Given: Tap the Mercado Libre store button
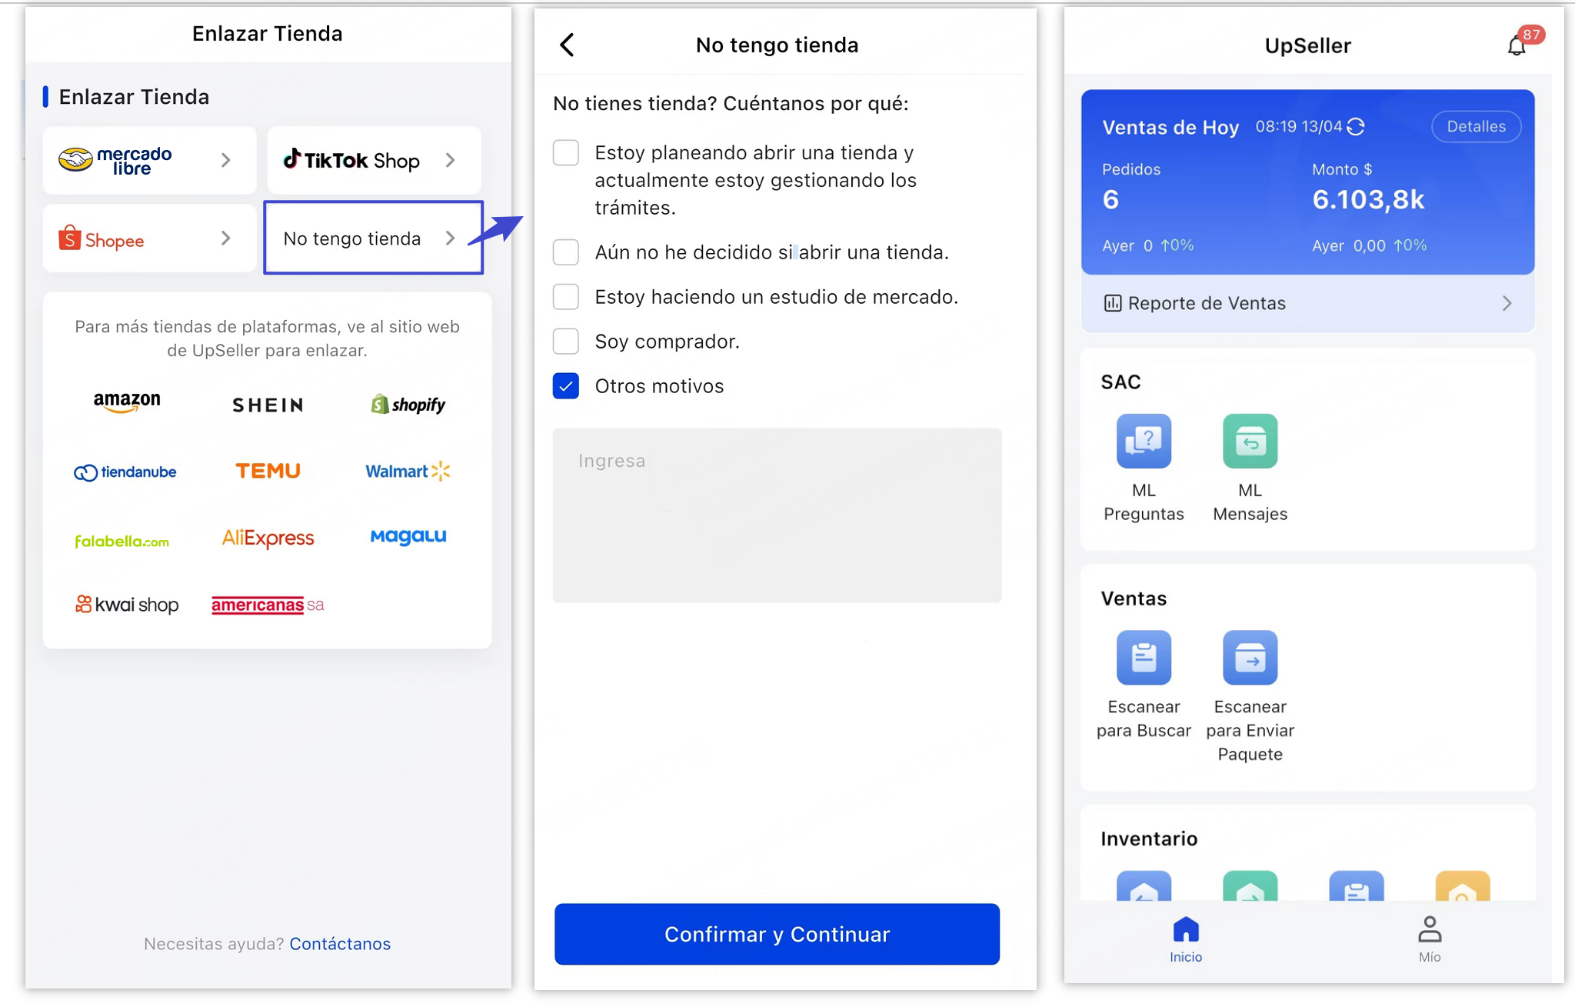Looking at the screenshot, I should [x=149, y=160].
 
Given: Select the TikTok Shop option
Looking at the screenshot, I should [x=374, y=160].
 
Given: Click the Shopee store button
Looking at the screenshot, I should [x=149, y=238].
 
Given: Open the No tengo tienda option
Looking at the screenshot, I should [x=373, y=238].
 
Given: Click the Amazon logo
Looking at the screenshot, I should [x=127, y=402].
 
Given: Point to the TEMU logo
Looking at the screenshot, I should [x=268, y=471].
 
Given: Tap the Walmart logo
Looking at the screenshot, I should [x=407, y=471].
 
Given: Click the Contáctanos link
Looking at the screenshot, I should [x=340, y=944].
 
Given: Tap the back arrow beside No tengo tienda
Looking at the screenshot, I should [x=568, y=45].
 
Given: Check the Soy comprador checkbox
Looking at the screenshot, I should [x=566, y=341].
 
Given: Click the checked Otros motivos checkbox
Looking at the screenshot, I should [x=566, y=385].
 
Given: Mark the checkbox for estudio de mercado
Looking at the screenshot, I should [x=566, y=297].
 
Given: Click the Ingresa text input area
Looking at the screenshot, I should [x=777, y=515].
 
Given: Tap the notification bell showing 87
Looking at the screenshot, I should [x=1517, y=45].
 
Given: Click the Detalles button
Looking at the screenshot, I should [x=1475, y=127].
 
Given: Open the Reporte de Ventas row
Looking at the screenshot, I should [x=1307, y=303].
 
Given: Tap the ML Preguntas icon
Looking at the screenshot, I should [x=1144, y=442].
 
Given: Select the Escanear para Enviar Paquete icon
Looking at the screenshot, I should [x=1250, y=658].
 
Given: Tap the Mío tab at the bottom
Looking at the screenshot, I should [x=1429, y=939].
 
